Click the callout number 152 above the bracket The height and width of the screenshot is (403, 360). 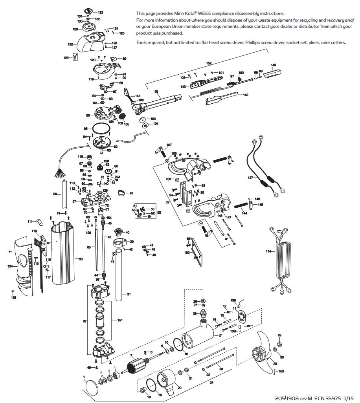209,63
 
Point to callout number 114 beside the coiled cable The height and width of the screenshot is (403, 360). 268,251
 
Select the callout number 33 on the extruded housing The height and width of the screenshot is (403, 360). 81,259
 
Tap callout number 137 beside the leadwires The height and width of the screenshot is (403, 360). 250,178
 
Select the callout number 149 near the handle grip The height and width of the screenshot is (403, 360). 274,65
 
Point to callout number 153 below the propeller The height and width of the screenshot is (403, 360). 281,371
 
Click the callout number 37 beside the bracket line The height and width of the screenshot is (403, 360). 84,321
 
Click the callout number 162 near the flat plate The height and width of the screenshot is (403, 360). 187,253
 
